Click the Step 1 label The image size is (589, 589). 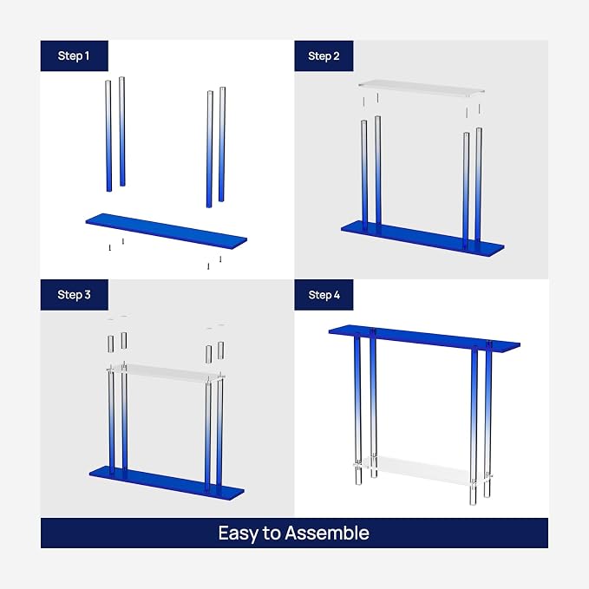click(74, 56)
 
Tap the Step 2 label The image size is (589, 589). click(324, 56)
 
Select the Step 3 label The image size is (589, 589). click(74, 295)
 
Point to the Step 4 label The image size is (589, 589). click(324, 295)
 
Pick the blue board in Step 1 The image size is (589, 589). click(167, 231)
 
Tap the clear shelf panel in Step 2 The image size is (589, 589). click(421, 88)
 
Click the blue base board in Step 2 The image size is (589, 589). click(422, 237)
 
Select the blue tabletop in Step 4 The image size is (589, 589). click(424, 337)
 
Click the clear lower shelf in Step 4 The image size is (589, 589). click(422, 469)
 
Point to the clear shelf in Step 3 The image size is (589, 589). click(166, 373)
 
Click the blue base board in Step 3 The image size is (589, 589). click(167, 483)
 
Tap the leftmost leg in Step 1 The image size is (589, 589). click(108, 135)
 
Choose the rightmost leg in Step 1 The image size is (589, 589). click(222, 144)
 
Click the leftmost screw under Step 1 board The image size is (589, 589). click(109, 247)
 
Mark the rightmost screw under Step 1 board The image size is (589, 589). click(220, 259)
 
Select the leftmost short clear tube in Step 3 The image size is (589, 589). click(110, 344)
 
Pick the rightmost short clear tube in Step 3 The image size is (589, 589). click(221, 350)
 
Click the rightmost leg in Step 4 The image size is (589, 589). click(488, 420)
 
